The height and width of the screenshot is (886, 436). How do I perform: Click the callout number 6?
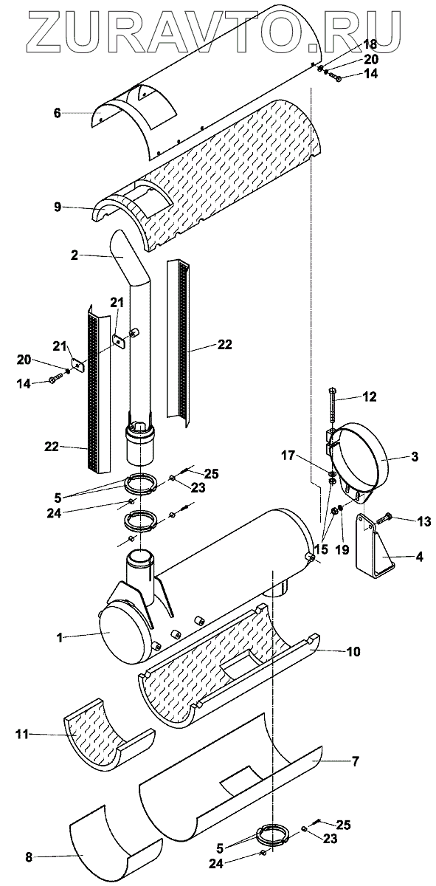(58, 113)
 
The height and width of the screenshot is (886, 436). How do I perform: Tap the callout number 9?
(58, 207)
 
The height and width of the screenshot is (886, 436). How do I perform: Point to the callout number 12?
(370, 396)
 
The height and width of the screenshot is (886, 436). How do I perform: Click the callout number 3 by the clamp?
(415, 456)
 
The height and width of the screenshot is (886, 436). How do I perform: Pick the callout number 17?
(288, 456)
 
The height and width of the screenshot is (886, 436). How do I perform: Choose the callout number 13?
(423, 522)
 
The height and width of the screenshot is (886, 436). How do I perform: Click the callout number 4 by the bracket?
(419, 557)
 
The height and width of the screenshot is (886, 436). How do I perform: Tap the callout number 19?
(343, 549)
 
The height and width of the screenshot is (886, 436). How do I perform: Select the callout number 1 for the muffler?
(60, 638)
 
